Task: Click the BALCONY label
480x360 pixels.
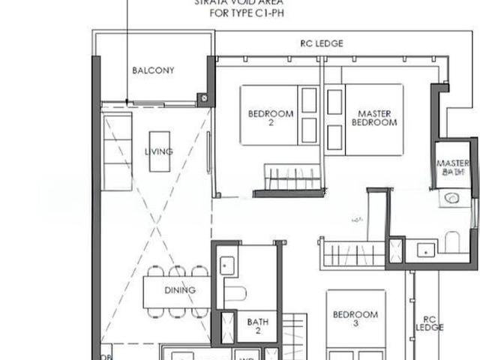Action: point(153,70)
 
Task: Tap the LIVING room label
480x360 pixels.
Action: point(159,151)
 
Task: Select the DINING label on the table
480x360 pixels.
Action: point(180,290)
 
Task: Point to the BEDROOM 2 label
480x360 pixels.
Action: point(271,118)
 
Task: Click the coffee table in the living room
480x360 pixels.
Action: point(159,151)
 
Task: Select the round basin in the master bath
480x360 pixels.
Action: point(451,199)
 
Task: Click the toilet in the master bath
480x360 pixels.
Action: point(452,241)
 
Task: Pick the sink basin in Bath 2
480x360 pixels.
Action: point(226,264)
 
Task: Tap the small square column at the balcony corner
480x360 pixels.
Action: point(202,97)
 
